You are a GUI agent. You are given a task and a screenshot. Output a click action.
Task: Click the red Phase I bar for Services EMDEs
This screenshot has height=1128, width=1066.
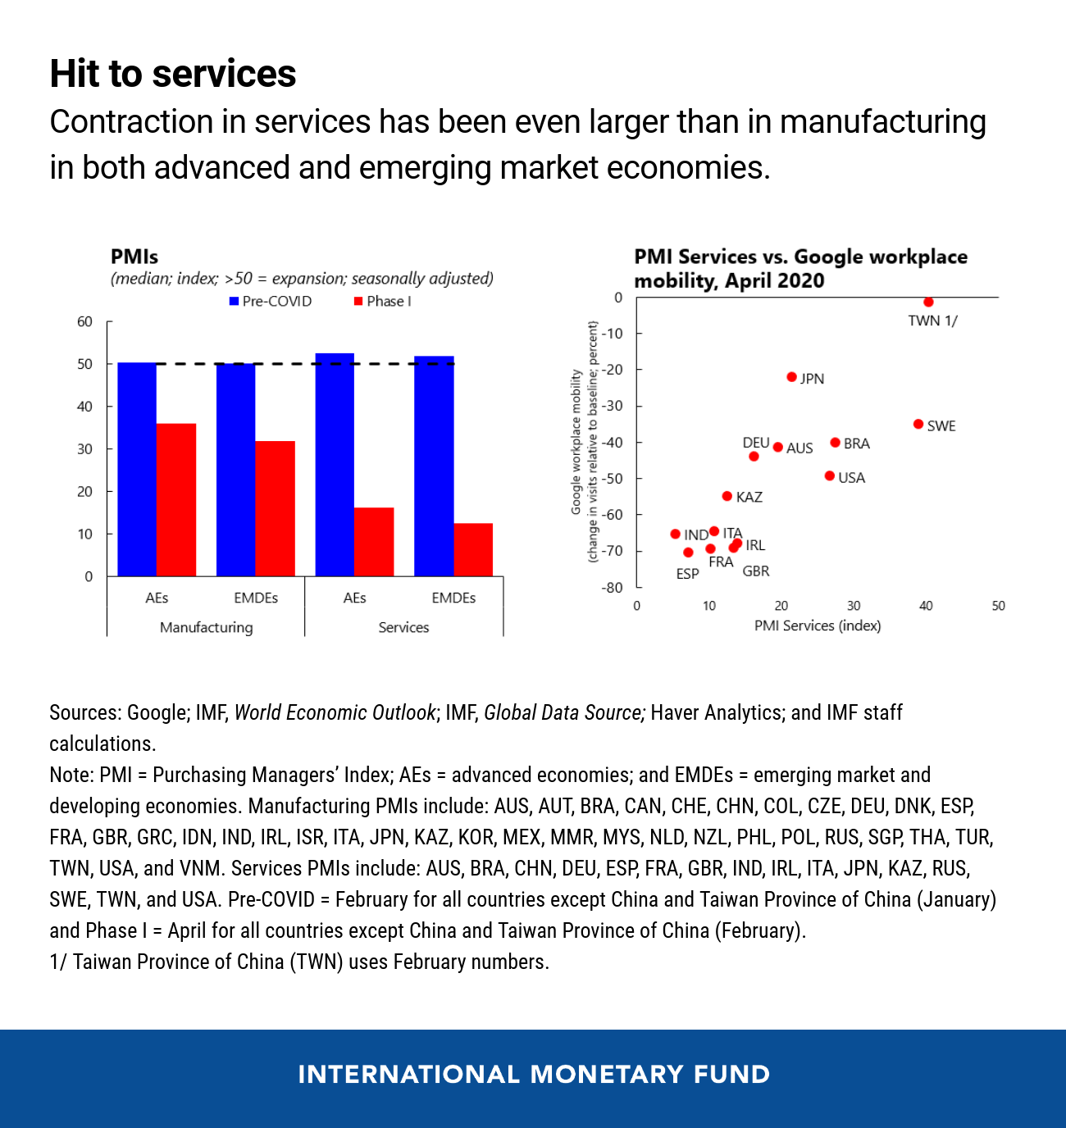[x=473, y=549]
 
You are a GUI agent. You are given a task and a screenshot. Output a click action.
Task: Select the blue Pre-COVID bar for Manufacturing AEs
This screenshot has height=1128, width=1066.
[x=137, y=469]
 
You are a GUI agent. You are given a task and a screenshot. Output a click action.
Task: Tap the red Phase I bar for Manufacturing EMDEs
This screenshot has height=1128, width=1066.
[x=275, y=508]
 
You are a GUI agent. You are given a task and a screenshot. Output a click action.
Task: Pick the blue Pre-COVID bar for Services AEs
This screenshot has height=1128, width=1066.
[x=335, y=464]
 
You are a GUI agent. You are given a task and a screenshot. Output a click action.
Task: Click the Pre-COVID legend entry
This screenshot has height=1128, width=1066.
[x=271, y=301]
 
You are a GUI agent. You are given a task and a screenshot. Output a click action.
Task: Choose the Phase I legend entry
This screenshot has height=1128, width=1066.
[x=382, y=301]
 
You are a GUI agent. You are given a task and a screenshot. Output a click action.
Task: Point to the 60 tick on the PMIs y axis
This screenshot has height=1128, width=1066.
[x=85, y=321]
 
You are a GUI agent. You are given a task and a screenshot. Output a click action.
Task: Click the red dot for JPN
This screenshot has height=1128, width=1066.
[x=791, y=377]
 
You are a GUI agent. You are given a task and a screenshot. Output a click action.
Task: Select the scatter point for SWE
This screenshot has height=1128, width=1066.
[x=918, y=424]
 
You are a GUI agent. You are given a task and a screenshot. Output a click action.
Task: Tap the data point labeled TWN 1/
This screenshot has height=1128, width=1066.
[x=928, y=302]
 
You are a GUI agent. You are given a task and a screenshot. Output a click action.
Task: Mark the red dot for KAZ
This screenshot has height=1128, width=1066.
[x=727, y=496]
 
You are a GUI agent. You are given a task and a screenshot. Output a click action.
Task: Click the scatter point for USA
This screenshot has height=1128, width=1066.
[x=829, y=475]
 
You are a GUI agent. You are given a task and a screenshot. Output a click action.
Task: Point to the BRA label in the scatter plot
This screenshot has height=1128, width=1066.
[x=856, y=443]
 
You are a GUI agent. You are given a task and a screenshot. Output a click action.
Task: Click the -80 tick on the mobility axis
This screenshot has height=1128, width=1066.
[x=613, y=588]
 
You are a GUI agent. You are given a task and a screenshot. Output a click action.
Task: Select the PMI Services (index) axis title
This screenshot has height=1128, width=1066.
[x=818, y=625]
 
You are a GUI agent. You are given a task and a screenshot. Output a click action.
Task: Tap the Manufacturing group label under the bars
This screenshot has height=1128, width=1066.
[x=206, y=627]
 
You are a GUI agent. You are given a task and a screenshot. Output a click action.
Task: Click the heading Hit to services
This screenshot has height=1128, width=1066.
[x=173, y=73]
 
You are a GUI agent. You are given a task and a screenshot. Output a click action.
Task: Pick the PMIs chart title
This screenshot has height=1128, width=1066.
[x=134, y=257]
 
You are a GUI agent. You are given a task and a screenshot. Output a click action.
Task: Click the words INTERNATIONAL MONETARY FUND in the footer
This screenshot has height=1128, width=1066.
[x=533, y=1074]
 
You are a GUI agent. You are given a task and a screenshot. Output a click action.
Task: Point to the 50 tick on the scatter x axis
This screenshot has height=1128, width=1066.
[x=998, y=606]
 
